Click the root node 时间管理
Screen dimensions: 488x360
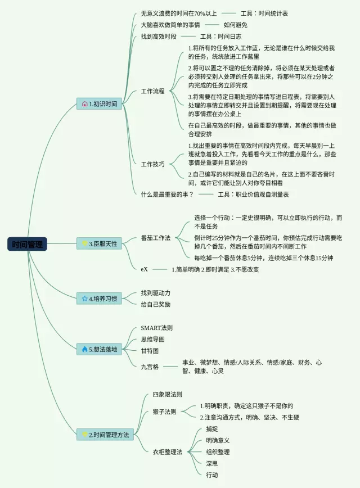pyautogui.click(x=27, y=244)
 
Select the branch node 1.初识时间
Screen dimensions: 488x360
pyautogui.click(x=100, y=104)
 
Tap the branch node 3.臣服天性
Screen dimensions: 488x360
pyautogui.click(x=100, y=243)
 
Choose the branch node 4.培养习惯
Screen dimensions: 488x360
pyautogui.click(x=100, y=299)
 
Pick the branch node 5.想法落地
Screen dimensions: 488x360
pyautogui.click(x=100, y=349)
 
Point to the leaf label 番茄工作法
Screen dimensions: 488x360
pyautogui.click(x=155, y=238)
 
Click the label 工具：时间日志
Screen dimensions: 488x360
pyautogui.click(x=220, y=37)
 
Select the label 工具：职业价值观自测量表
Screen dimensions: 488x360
pyautogui.click(x=253, y=194)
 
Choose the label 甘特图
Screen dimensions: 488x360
pyautogui.click(x=150, y=350)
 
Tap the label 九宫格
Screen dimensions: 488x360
pyautogui.click(x=150, y=367)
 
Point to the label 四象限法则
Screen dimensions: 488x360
pyautogui.click(x=167, y=395)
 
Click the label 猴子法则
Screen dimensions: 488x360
pyautogui.click(x=164, y=412)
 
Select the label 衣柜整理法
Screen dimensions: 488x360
pyautogui.click(x=167, y=451)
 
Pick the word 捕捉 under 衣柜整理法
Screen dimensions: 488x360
pyautogui.click(x=211, y=429)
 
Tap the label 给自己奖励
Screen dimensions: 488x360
pyautogui.click(x=155, y=304)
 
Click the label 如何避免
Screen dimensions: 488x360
pyautogui.click(x=235, y=25)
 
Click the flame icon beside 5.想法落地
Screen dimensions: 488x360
pyautogui.click(x=84, y=349)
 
